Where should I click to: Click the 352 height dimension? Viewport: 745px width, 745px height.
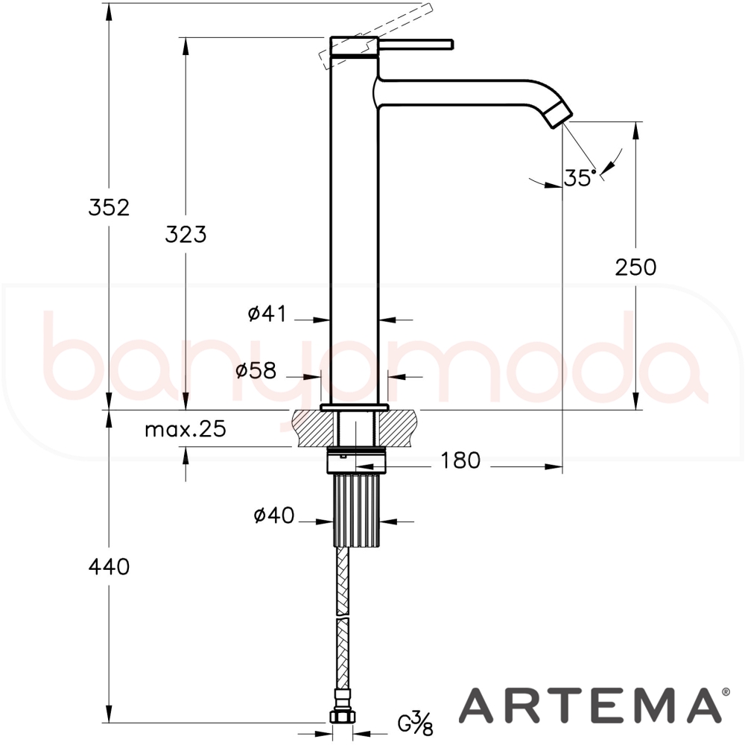pos(109,208)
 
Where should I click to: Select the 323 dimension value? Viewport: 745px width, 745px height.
pos(186,234)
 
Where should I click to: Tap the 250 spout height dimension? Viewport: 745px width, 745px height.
pos(635,267)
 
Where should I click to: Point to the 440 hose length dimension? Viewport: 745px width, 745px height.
pos(109,566)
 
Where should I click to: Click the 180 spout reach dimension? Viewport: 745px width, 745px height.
pos(461,460)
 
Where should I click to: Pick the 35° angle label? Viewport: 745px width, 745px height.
pos(580,178)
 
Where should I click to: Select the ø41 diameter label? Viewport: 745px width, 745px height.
pos(267,314)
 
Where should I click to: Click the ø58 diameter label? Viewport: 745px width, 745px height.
pos(256,370)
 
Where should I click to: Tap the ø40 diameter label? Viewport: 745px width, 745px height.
pos(274,516)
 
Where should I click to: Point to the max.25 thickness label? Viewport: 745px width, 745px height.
pos(186,430)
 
